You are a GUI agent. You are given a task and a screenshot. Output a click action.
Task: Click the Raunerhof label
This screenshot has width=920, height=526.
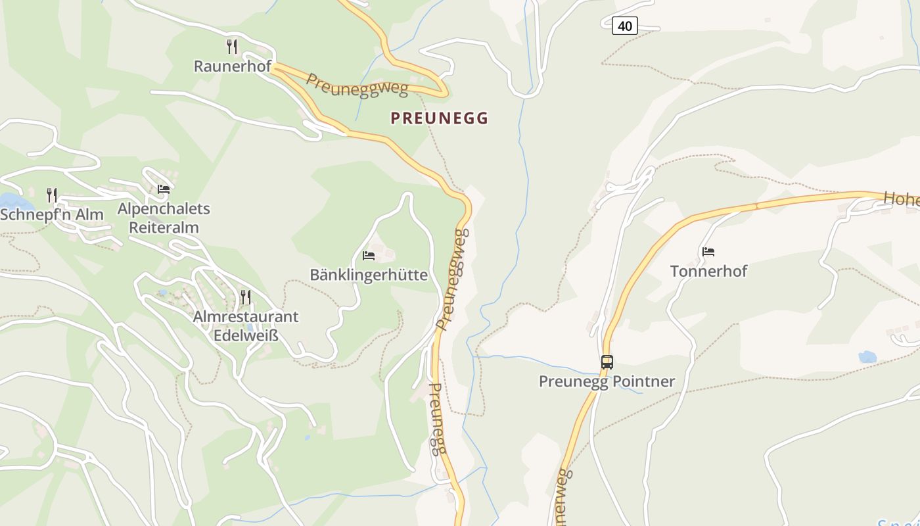[232, 66]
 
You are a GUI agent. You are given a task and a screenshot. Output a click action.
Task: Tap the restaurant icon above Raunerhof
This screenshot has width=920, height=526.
[231, 46]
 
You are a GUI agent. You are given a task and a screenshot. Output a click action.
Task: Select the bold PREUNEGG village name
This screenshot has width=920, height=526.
[440, 118]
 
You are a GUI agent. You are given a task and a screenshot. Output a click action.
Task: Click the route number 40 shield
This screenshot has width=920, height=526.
[624, 26]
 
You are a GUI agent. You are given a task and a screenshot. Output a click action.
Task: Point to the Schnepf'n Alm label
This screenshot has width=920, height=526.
[52, 215]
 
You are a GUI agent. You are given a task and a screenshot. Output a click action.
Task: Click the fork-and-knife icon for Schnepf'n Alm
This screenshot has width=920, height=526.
[52, 195]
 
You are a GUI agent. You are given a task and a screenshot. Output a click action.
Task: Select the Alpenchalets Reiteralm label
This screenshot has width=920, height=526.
[164, 218]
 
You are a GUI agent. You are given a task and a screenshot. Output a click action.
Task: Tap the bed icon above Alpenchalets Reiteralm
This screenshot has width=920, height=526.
[164, 189]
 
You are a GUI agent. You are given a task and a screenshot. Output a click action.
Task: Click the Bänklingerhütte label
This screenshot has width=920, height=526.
[369, 275]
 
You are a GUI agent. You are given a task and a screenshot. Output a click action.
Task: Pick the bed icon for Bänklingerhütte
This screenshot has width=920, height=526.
[369, 255]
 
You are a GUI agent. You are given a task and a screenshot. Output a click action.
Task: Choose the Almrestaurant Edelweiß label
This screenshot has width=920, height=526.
[246, 325]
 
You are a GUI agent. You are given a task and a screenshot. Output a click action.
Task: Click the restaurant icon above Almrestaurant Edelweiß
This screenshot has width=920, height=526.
[246, 297]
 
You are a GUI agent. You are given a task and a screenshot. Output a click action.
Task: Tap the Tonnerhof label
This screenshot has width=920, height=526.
[708, 271]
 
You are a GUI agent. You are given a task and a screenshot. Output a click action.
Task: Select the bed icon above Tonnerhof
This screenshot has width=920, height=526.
[708, 251]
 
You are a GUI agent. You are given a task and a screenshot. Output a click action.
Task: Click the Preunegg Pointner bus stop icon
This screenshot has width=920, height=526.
[607, 362]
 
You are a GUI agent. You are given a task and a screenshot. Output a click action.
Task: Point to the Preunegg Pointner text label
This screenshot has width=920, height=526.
[607, 382]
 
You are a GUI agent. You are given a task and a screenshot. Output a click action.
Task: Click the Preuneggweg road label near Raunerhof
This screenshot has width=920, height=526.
[357, 85]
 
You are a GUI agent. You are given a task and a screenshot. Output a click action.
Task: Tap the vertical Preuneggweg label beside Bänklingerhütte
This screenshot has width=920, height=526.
[453, 279]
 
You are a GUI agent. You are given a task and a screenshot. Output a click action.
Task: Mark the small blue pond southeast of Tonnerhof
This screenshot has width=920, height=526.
[867, 357]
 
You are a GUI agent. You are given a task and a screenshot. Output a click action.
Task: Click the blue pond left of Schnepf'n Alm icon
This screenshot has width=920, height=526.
[8, 200]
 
